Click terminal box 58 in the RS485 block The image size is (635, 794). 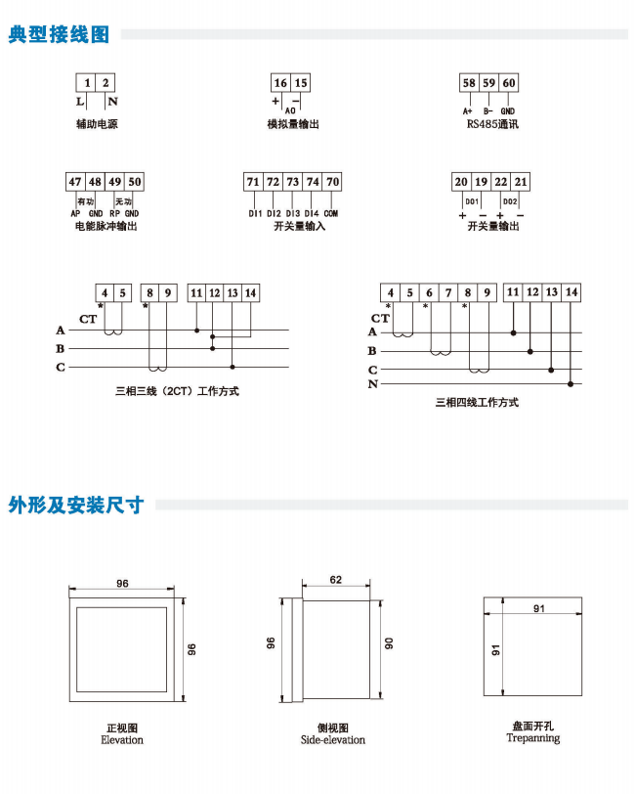pyautogui.click(x=469, y=83)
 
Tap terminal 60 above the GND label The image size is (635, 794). pyautogui.click(x=508, y=83)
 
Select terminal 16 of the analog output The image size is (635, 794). pyautogui.click(x=281, y=83)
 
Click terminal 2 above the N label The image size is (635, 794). pyautogui.click(x=106, y=83)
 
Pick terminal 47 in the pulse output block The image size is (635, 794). pyautogui.click(x=75, y=182)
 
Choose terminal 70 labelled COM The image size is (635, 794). pyautogui.click(x=333, y=182)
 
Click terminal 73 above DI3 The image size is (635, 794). pyautogui.click(x=293, y=182)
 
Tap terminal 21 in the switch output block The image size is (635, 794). pyautogui.click(x=521, y=182)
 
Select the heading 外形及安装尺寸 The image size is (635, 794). pyautogui.click(x=76, y=506)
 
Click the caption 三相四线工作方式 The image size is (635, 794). pyautogui.click(x=476, y=402)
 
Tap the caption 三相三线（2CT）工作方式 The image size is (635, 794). pyautogui.click(x=177, y=391)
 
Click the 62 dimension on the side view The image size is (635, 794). pyautogui.click(x=335, y=580)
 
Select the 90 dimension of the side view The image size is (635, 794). pyautogui.click(x=389, y=644)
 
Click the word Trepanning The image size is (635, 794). pyautogui.click(x=533, y=738)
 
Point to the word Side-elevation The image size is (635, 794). pyautogui.click(x=333, y=740)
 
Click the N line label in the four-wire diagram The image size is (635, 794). pyautogui.click(x=372, y=384)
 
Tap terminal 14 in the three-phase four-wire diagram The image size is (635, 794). pyautogui.click(x=571, y=292)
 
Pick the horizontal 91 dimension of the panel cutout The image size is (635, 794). pyautogui.click(x=538, y=609)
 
